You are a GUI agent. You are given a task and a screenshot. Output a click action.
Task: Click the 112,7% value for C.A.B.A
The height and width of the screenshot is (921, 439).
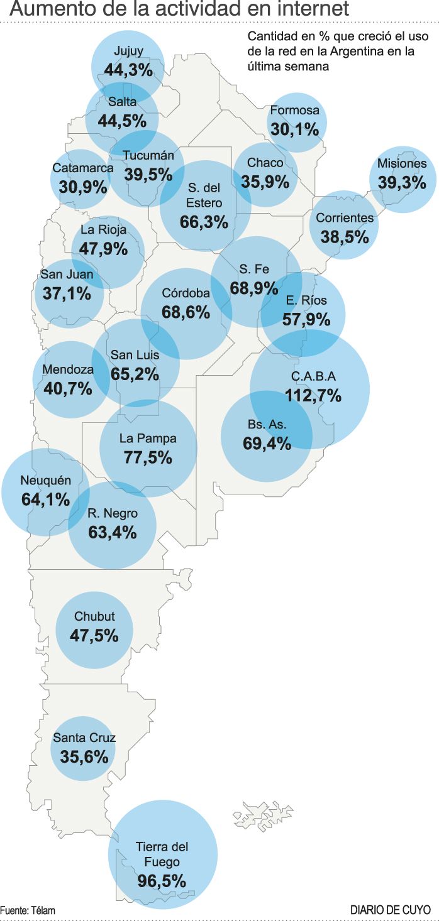click(x=313, y=396)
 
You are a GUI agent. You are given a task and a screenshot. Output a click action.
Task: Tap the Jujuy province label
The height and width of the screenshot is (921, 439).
click(x=128, y=52)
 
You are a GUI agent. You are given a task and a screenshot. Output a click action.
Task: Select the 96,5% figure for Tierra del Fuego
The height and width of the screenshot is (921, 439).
click(x=162, y=880)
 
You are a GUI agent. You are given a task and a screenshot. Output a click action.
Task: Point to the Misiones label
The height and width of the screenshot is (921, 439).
click(x=402, y=163)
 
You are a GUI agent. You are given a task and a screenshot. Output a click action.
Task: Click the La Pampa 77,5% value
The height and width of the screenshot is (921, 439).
click(x=148, y=457)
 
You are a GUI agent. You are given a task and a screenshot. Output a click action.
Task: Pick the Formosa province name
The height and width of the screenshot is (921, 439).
click(x=295, y=111)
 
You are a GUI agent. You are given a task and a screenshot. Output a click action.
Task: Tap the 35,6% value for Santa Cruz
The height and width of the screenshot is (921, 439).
click(x=84, y=757)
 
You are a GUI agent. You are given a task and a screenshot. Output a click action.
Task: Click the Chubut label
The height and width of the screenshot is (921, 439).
click(x=94, y=616)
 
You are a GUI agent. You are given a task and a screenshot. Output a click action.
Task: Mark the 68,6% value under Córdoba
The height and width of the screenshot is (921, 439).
click(x=186, y=312)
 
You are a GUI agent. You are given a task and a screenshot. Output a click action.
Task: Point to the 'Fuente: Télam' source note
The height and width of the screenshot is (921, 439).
click(x=28, y=910)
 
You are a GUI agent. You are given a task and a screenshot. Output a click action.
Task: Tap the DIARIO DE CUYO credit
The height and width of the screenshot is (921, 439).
click(x=391, y=910)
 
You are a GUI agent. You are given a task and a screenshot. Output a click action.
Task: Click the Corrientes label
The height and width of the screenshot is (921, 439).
click(x=345, y=218)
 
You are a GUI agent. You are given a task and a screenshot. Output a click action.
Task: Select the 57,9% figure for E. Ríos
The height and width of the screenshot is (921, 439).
click(x=306, y=319)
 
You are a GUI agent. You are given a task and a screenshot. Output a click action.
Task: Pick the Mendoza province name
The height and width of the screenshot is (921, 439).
click(x=67, y=369)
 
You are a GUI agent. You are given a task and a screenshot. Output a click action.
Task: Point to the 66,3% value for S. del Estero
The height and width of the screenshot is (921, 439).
click(x=204, y=222)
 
